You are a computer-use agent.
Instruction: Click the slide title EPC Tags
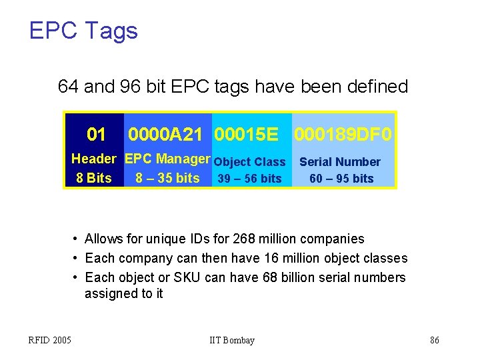click(83, 31)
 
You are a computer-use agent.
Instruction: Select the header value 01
click(97, 135)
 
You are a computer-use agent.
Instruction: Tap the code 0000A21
click(165, 135)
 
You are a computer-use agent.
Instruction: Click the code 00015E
click(246, 135)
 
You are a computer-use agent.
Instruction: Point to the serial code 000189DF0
click(343, 135)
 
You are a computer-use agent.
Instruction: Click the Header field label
click(94, 159)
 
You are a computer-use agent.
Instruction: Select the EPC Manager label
click(167, 159)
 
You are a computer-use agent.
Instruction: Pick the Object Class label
click(250, 162)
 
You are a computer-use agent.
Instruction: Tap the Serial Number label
click(340, 162)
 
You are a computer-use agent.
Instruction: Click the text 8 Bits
click(94, 178)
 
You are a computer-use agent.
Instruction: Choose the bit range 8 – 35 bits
click(167, 178)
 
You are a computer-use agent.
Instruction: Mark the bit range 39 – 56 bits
click(250, 179)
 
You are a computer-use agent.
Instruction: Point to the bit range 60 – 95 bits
click(341, 179)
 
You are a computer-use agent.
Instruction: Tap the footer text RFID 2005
click(50, 341)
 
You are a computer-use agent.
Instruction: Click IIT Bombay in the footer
click(232, 341)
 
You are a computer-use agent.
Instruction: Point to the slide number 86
click(435, 341)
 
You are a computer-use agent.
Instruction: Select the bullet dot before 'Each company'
click(77, 259)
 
